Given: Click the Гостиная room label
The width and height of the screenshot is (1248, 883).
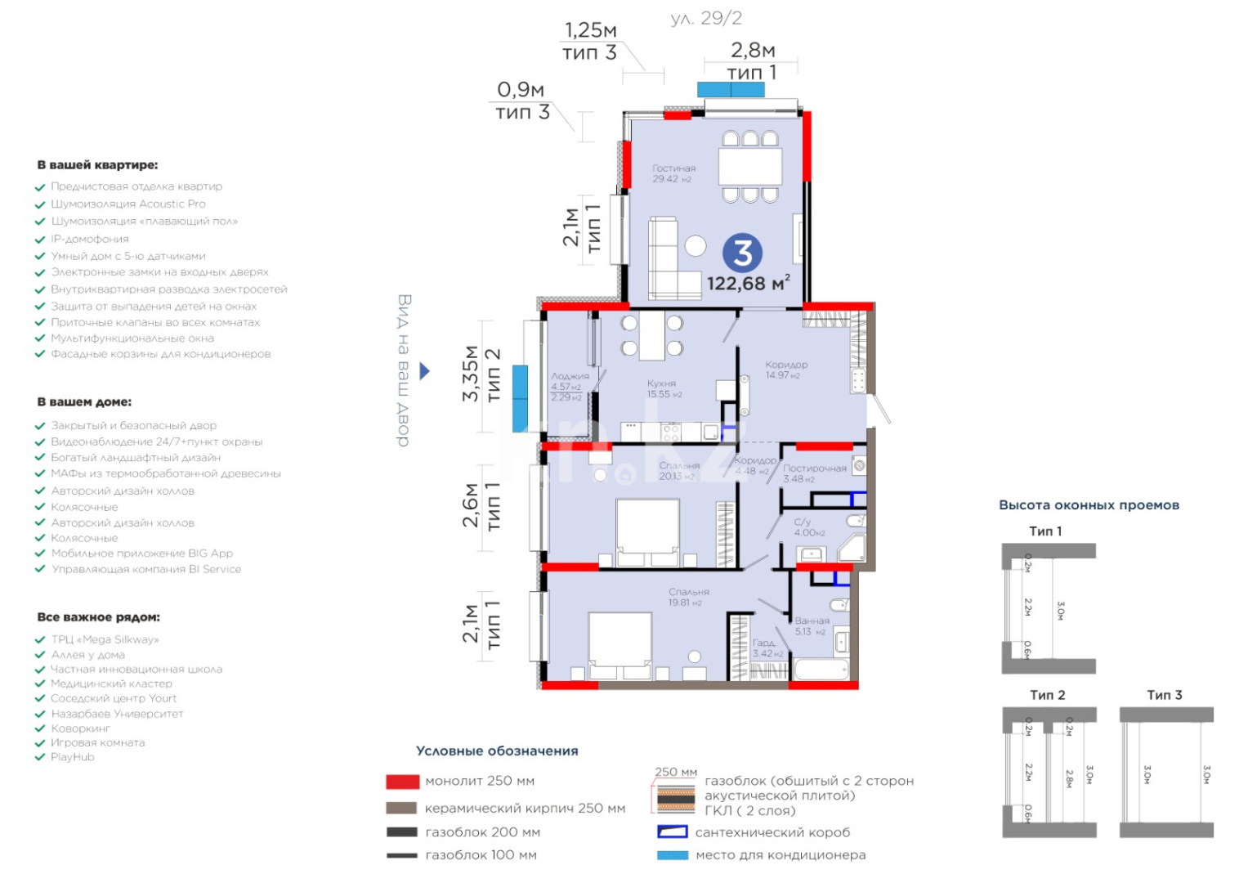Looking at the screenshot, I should point(673,168).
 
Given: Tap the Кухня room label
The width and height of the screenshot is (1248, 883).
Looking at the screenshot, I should point(661,383).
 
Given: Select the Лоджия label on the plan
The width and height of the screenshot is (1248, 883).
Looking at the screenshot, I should point(570,376).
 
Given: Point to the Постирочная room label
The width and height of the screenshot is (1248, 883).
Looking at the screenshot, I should point(814,468).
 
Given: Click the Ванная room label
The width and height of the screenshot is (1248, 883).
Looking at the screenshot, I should point(812,621).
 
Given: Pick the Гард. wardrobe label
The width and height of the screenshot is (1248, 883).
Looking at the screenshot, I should point(764,643).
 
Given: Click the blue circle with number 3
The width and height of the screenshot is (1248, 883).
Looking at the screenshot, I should point(742,253).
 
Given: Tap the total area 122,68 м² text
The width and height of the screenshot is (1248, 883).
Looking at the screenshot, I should point(748,284).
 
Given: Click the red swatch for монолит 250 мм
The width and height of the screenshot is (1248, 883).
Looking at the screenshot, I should point(402,782).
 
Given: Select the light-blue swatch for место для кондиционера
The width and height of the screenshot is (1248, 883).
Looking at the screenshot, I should point(672,855).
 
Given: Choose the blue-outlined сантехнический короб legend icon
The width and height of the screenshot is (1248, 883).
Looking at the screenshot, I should point(672,832).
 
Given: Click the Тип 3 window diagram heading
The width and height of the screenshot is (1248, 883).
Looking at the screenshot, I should point(1164,695).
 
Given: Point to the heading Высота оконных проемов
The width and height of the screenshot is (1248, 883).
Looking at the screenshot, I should point(1089,505).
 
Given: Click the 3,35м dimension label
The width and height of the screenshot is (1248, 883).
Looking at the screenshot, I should point(471,373).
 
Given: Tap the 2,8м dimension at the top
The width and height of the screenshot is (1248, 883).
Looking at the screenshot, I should point(752,51).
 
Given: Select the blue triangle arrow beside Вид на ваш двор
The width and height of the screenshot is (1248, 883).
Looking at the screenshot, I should point(424,371).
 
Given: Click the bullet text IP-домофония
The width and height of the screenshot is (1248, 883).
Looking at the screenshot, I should point(90,239).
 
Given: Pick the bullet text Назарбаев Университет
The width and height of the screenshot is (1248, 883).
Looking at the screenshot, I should point(117,714).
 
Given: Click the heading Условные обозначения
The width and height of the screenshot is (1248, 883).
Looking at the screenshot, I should point(497,751).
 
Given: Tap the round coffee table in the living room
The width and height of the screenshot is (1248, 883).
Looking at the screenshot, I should point(696,245).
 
